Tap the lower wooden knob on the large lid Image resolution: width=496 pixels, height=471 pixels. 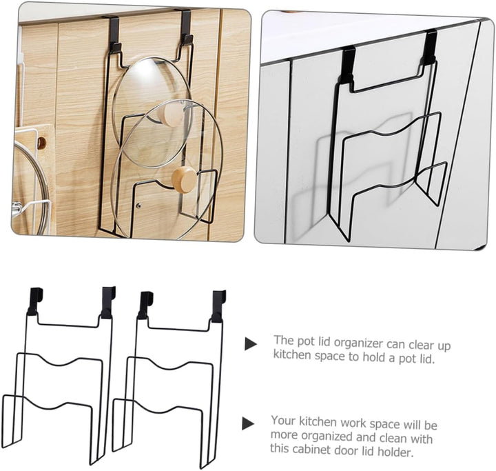(184, 180)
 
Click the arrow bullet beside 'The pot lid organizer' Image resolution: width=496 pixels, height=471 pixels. (251, 344)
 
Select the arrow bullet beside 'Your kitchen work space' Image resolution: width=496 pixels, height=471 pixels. (248, 423)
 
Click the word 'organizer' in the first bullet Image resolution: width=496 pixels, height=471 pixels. (357, 343)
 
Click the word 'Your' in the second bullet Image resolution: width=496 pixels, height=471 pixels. (283, 421)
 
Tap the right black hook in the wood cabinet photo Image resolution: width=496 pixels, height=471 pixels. (187, 28)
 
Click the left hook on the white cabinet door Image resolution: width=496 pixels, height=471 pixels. (348, 64)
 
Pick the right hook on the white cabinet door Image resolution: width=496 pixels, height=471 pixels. (430, 47)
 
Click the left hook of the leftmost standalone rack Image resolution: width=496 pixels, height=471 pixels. (35, 301)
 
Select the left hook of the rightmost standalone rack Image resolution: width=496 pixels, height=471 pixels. (145, 305)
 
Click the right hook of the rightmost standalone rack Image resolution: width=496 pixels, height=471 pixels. (218, 306)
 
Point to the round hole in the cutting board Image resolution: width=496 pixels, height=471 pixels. (41, 143)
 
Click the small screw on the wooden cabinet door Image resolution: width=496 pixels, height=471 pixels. (138, 206)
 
